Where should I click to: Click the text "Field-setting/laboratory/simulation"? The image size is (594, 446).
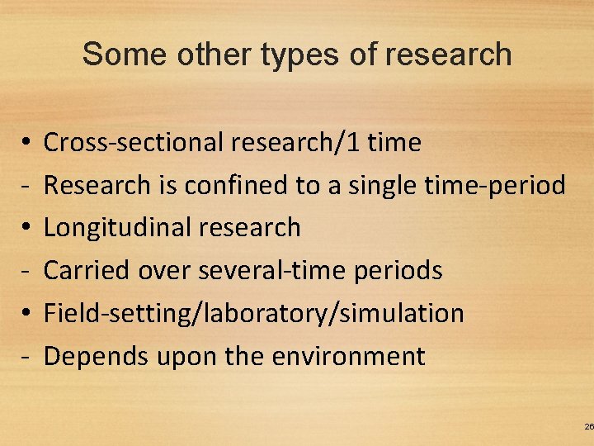tap(253, 314)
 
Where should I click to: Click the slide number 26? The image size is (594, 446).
tap(588, 426)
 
